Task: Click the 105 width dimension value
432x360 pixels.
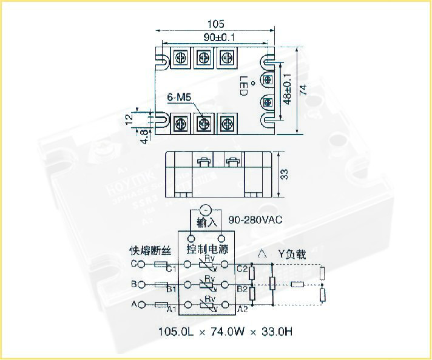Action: (216, 24)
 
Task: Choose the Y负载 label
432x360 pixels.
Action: (292, 254)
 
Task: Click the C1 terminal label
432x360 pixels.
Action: (172, 268)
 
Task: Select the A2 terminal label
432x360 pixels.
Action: (241, 309)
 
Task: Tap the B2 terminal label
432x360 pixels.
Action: (241, 288)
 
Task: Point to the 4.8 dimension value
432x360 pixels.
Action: (143, 136)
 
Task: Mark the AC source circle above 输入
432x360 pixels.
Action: (205, 209)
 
